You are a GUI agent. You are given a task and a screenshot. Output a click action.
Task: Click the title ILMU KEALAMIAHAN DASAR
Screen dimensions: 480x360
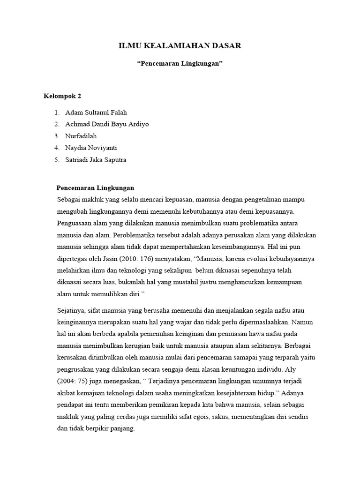(x=180, y=45)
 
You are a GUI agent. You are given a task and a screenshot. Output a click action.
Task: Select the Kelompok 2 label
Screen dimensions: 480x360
(x=62, y=96)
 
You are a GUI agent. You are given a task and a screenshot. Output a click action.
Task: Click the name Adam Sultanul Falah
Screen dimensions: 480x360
(x=96, y=112)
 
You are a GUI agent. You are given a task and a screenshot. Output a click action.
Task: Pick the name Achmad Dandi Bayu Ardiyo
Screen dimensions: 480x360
(x=107, y=124)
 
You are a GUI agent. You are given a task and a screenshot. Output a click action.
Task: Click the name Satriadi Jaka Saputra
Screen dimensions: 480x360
(x=96, y=159)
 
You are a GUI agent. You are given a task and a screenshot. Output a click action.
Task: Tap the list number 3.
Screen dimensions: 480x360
(x=56, y=136)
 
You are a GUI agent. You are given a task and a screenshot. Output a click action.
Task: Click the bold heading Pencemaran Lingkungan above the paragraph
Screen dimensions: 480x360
(x=95, y=187)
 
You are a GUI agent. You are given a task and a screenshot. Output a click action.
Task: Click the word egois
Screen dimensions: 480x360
(x=206, y=416)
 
